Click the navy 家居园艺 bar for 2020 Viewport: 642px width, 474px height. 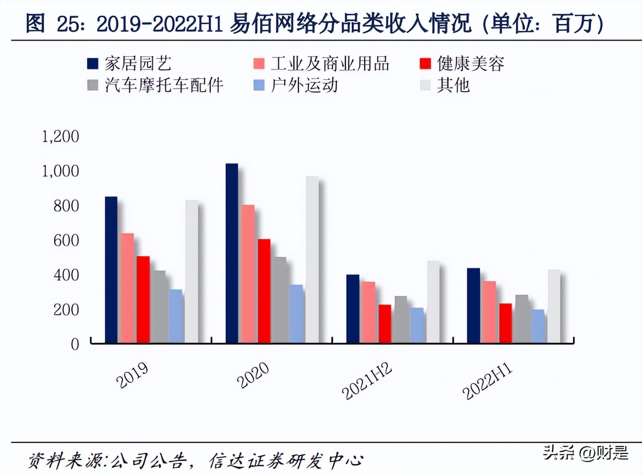coord(232,253)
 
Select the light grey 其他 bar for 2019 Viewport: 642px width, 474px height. coord(191,272)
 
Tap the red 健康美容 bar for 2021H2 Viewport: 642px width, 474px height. coord(385,324)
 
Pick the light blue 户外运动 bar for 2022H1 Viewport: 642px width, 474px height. coord(537,326)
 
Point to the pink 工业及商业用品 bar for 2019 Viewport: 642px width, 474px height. coord(127,288)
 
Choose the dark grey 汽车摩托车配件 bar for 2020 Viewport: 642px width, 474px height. coord(280,300)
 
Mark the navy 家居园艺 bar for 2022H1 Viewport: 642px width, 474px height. coord(473,306)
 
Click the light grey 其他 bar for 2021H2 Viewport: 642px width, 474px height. coord(433,302)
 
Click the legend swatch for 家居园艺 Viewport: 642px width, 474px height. coord(93,64)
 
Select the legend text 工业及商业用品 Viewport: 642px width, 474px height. coord(330,64)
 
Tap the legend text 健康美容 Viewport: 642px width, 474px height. coord(470,64)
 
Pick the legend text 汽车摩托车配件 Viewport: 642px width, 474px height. coord(164,85)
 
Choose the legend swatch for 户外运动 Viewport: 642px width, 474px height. coord(259,85)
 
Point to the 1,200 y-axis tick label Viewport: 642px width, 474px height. coord(60,136)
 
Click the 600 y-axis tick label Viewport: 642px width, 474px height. coord(66,240)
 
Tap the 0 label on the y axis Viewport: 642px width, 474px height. coord(75,344)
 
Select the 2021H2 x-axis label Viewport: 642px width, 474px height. coord(367,381)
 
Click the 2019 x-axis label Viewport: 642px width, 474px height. coord(132,375)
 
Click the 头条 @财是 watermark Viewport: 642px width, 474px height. coord(585,453)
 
